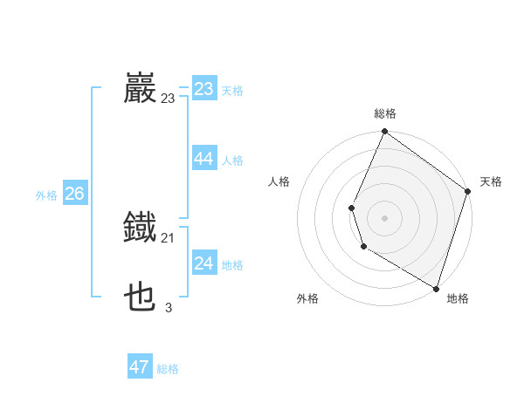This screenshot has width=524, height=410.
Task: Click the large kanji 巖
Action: tap(140, 88)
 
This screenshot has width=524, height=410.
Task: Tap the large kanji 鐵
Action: tap(140, 228)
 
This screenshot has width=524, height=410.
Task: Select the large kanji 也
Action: tap(140, 297)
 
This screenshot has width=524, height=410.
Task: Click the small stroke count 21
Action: tap(169, 238)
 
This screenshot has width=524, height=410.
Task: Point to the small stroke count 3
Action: tap(169, 307)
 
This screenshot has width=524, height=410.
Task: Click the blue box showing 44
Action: tap(204, 159)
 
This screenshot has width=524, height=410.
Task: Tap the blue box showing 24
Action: tap(204, 263)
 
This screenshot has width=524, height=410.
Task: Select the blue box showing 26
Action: tap(74, 194)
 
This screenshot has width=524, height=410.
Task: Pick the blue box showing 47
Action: tap(140, 367)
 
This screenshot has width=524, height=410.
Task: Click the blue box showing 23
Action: tap(204, 89)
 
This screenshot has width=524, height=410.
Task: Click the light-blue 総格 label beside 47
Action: tap(168, 369)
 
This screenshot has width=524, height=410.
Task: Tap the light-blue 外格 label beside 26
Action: tap(46, 195)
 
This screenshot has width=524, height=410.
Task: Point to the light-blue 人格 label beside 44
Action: tap(232, 161)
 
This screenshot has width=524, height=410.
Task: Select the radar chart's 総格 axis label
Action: tap(384, 113)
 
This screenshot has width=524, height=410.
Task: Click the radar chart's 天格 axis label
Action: tap(491, 181)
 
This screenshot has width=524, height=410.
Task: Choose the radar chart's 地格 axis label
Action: tap(458, 298)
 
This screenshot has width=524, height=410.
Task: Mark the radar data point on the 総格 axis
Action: tap(384, 132)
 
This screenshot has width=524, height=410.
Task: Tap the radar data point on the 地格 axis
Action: tap(436, 288)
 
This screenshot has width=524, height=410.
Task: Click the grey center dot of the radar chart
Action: tap(384, 218)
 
